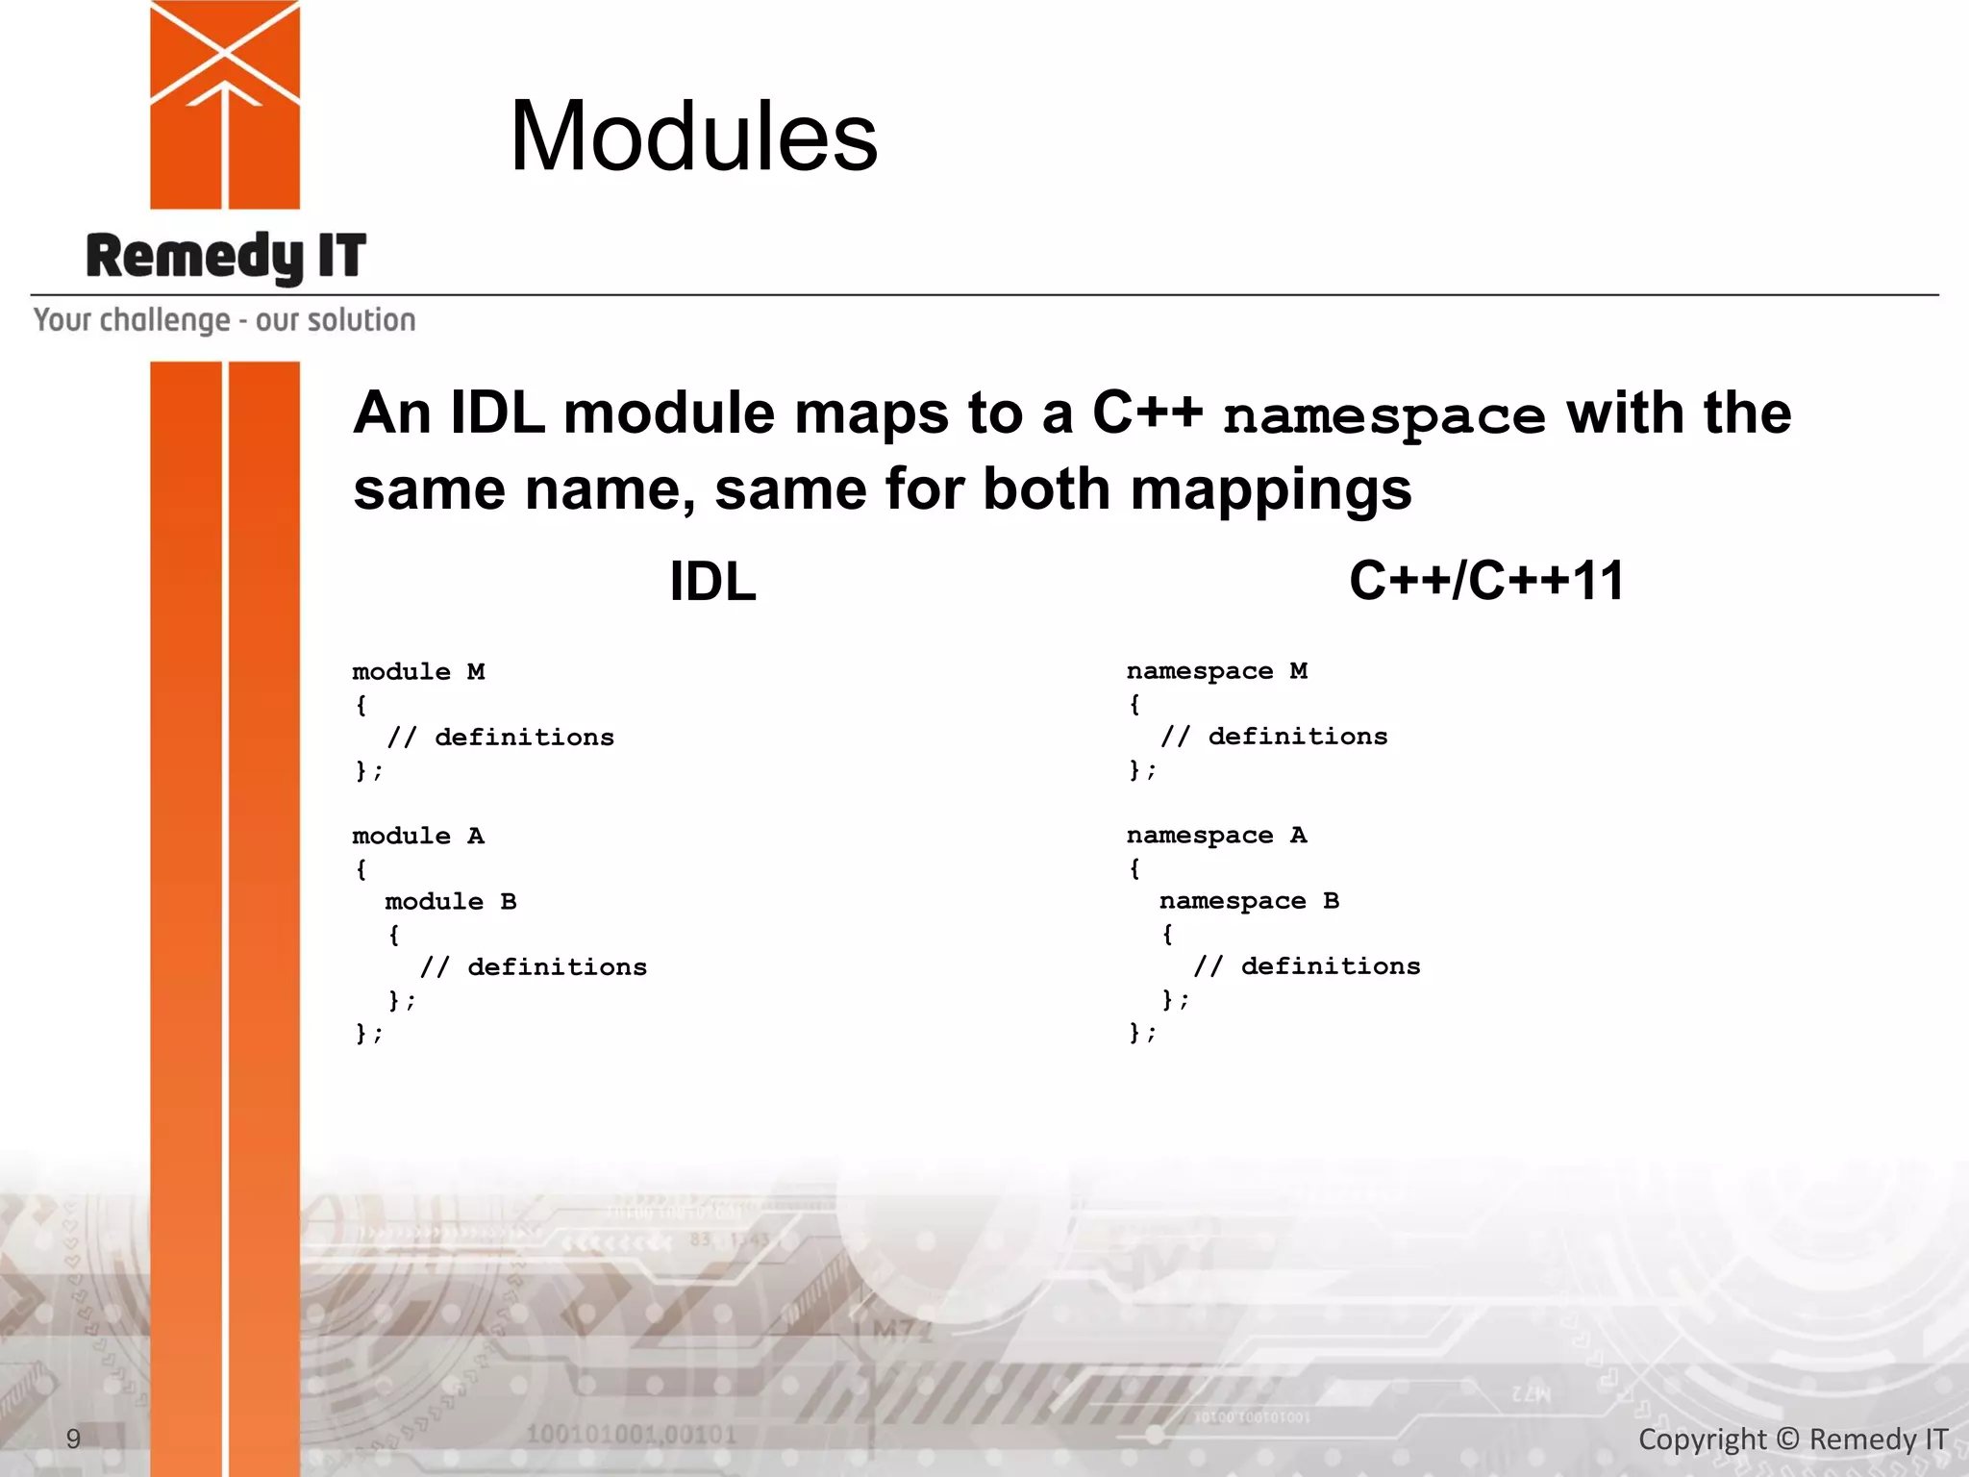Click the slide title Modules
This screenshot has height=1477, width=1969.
pos(692,138)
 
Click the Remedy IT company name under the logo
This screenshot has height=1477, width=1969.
pos(226,257)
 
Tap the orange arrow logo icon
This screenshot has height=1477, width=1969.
pos(225,104)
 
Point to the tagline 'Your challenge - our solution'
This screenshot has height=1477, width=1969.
pos(225,320)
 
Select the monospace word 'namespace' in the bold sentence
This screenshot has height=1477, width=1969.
pos(1383,416)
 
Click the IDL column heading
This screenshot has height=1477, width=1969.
pos(712,582)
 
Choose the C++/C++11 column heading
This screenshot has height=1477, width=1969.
pos(1486,581)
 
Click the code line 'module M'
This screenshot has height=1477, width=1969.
pos(418,671)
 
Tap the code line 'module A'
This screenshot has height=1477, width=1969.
pos(418,836)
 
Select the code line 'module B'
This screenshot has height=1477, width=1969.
pos(451,901)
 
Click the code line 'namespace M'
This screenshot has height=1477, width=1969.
pos(1216,670)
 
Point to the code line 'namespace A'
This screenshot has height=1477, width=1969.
pos(1216,835)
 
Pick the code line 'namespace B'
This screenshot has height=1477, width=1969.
pos(1249,900)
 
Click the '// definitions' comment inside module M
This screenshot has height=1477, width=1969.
pos(500,737)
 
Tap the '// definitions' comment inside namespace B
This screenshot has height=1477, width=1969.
pos(1307,965)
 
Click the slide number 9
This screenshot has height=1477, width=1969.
pos(73,1439)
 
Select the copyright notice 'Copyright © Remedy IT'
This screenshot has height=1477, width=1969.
pos(1792,1439)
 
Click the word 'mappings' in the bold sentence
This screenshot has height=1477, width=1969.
pos(1271,489)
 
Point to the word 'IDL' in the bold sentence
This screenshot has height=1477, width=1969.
pos(497,413)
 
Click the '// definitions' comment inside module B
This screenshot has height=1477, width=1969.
pos(534,966)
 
